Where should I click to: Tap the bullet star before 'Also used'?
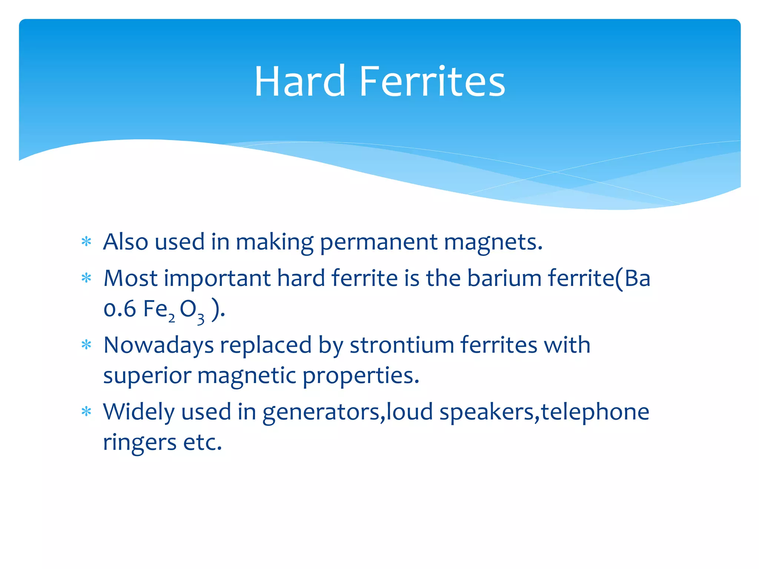tap(86, 242)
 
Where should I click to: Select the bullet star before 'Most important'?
tap(86, 278)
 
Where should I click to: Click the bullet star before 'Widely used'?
tap(86, 412)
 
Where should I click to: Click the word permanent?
tap(378, 242)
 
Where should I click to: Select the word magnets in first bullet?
tap(493, 242)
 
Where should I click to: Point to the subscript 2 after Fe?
tap(172, 318)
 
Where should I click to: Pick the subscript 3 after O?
tap(200, 319)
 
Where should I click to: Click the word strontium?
tap(402, 345)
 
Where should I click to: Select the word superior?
tap(147, 376)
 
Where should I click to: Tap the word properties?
tap(361, 376)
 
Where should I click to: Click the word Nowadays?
tap(159, 345)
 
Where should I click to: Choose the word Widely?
tap(139, 412)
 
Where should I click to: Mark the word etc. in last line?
tap(203, 442)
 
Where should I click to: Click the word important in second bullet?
tap(217, 279)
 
